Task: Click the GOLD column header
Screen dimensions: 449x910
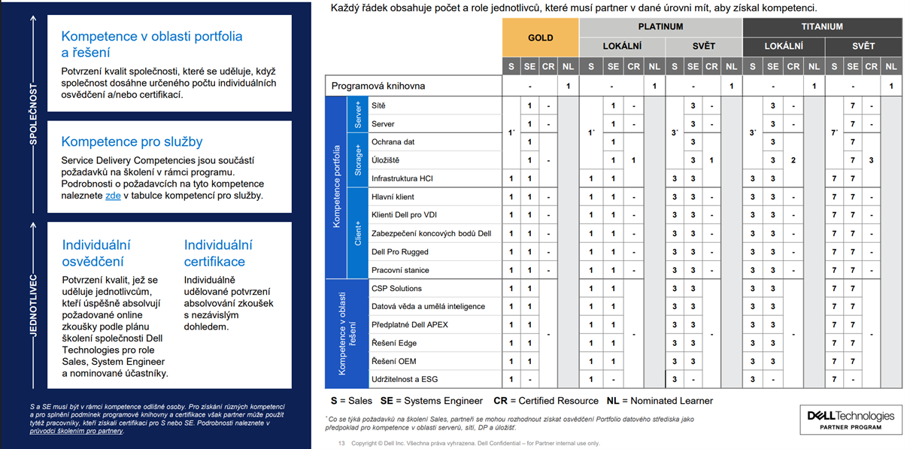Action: tap(540, 37)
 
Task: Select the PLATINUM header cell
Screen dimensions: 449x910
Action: tap(660, 26)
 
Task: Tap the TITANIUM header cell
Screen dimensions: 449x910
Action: tap(822, 26)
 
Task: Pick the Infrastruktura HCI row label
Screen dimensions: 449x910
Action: tap(403, 178)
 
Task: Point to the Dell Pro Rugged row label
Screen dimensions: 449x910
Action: tap(400, 252)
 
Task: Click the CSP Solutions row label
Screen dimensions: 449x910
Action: tap(396, 288)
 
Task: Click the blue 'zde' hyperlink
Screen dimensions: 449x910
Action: tap(113, 196)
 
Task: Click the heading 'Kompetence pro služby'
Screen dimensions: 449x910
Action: tap(132, 141)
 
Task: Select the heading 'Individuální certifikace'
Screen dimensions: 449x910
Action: tap(218, 253)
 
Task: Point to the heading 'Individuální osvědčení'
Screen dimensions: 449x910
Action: tap(96, 253)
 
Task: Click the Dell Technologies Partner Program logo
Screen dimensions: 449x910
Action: tap(851, 420)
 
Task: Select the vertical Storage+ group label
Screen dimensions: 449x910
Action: tap(357, 160)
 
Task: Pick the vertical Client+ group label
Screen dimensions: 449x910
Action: tap(357, 233)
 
